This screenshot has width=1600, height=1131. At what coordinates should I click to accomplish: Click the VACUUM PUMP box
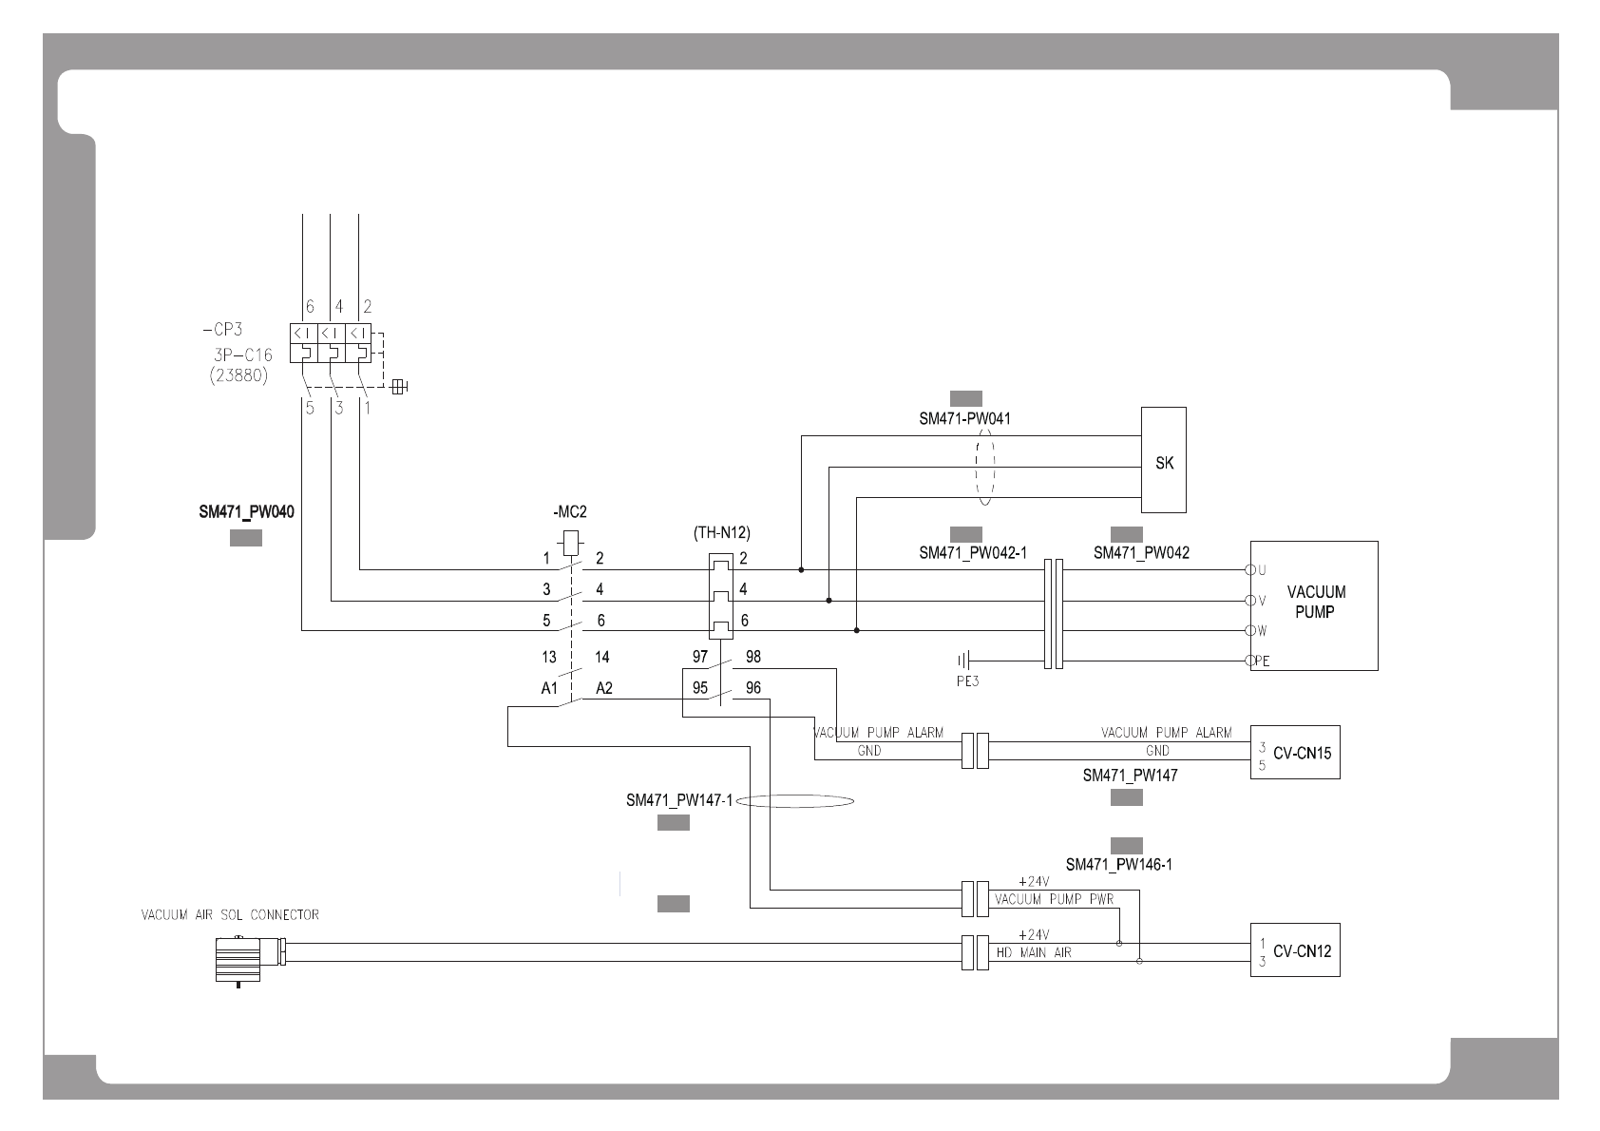[1314, 604]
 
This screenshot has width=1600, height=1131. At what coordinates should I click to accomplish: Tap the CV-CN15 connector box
[1295, 753]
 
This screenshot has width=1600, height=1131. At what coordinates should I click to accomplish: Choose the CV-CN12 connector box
[1295, 950]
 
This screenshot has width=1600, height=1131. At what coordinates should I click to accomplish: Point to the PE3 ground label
[967, 681]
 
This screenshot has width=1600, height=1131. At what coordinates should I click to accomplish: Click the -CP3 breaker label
[222, 331]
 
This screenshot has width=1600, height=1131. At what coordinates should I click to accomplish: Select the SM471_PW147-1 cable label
[679, 800]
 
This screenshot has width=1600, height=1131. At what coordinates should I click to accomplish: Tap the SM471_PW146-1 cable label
[1118, 865]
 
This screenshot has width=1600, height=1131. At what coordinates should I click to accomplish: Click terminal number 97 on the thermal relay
[700, 657]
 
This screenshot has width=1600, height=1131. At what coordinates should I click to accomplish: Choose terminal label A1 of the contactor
[549, 688]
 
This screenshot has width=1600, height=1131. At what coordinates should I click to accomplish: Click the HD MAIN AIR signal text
[1033, 952]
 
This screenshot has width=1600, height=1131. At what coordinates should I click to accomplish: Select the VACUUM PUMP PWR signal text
[1054, 898]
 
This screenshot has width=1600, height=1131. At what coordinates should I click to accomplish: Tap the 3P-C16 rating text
[242, 355]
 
